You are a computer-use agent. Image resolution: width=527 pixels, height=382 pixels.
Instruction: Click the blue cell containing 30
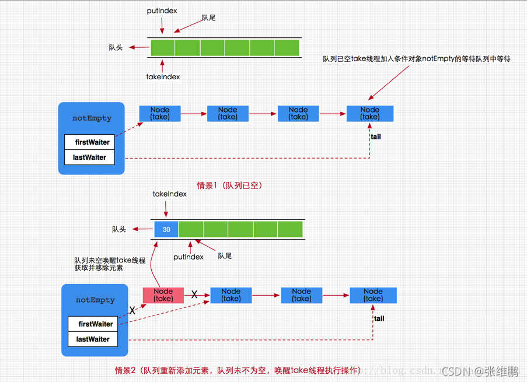click(166, 229)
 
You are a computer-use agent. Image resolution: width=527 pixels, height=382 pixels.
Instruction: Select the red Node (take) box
click(163, 295)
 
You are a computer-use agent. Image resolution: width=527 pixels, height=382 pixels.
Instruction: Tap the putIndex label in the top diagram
click(162, 11)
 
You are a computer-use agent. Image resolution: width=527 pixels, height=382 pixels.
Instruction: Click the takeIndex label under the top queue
click(163, 76)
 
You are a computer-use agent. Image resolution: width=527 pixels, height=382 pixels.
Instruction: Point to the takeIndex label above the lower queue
click(169, 194)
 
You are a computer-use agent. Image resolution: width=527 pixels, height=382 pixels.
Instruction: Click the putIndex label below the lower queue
click(189, 257)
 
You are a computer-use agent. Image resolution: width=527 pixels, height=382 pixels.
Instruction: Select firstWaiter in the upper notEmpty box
click(89, 142)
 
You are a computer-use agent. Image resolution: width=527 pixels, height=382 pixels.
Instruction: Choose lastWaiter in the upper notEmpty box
click(89, 157)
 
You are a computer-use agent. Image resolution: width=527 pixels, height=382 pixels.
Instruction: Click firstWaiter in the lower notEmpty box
click(93, 324)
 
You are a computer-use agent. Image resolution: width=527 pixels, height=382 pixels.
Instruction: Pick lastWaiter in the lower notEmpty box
click(93, 339)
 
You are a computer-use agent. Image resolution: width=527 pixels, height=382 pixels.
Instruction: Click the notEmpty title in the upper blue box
click(92, 118)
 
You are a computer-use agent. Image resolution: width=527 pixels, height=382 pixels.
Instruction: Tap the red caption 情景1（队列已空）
click(229, 185)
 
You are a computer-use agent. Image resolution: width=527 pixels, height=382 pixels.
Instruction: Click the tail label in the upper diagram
click(376, 136)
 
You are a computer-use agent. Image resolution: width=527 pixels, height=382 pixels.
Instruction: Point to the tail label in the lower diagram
click(379, 318)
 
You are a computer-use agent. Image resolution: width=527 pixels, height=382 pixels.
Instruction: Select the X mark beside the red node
click(194, 295)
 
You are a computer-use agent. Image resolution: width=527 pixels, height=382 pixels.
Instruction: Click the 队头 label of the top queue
click(116, 47)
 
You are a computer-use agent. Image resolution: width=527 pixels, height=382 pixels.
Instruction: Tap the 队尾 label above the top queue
click(208, 18)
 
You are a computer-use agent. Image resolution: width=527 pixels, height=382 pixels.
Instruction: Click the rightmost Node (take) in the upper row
click(370, 113)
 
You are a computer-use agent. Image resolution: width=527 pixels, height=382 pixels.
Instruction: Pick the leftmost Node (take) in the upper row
click(160, 113)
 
